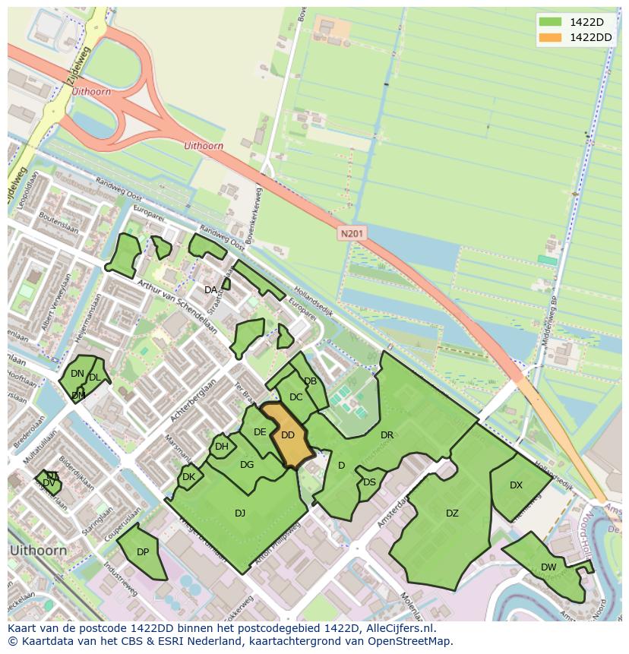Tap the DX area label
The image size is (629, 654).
516,485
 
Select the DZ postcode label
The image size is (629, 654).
452,513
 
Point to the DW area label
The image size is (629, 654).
548,567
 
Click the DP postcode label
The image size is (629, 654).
143,552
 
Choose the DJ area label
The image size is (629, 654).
240,513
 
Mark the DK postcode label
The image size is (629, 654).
189,477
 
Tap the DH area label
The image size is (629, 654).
221,447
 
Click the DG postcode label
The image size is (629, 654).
247,465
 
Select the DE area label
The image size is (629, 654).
260,432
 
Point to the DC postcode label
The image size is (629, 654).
296,397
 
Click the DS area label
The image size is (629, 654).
369,482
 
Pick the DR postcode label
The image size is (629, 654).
387,435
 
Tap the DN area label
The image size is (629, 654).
77,374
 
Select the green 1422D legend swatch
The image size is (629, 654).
552,21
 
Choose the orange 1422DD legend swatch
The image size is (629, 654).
552,37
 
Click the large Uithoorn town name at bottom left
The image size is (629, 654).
38,550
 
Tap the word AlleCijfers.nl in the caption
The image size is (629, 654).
398,629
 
